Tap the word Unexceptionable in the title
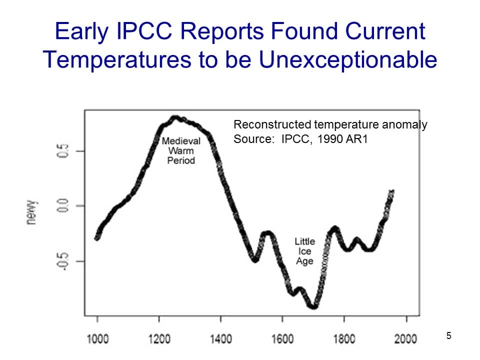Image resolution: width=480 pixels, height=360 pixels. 347,60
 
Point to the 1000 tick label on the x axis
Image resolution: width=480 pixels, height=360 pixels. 97,339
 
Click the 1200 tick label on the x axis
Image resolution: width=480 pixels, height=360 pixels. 159,339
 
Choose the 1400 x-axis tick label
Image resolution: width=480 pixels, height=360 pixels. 220,339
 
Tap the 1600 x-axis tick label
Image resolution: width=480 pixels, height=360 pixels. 282,339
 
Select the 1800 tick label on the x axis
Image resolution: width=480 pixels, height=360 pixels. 344,339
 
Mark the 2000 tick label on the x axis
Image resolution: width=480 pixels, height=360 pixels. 405,339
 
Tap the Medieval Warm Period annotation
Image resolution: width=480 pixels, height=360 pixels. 181,150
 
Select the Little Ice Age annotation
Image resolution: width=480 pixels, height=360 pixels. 304,251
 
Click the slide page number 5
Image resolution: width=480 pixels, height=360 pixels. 448,336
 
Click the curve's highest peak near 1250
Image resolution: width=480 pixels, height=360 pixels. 175,118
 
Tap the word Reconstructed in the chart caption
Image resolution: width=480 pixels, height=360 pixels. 266,124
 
